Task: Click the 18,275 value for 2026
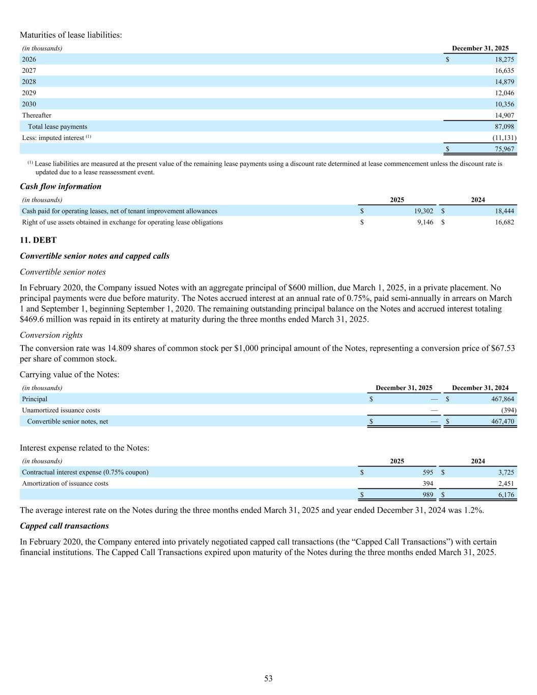[x=504, y=60]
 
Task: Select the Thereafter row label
[x=37, y=116]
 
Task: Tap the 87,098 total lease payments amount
[x=504, y=127]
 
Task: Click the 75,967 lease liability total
[x=504, y=149]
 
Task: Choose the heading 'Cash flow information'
[x=61, y=186]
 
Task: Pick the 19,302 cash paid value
[x=422, y=211]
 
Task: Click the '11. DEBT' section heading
[x=38, y=240]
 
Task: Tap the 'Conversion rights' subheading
[x=51, y=335]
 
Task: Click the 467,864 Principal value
[x=502, y=399]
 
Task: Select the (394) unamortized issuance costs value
[x=508, y=410]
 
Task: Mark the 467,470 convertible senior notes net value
[x=502, y=422]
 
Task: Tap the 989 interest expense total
[x=428, y=495]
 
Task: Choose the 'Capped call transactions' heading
[x=64, y=525]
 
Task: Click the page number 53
[x=268, y=678]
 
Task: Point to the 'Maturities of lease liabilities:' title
[x=71, y=35]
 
